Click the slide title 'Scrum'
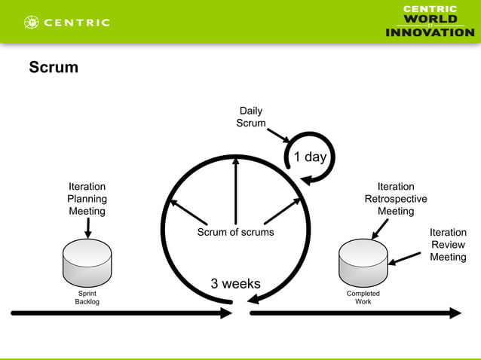(54, 68)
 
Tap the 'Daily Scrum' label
(251, 117)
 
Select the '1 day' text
(310, 157)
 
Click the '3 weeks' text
(235, 284)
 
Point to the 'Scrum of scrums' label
(235, 232)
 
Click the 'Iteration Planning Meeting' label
(87, 199)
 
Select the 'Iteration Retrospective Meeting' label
(396, 199)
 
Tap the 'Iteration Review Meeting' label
(448, 245)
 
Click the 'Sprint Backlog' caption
(87, 297)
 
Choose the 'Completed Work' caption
(363, 297)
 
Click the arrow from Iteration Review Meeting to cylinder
(406, 258)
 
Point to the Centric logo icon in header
(32, 22)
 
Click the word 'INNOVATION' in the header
(430, 32)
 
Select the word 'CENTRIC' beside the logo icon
(77, 23)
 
